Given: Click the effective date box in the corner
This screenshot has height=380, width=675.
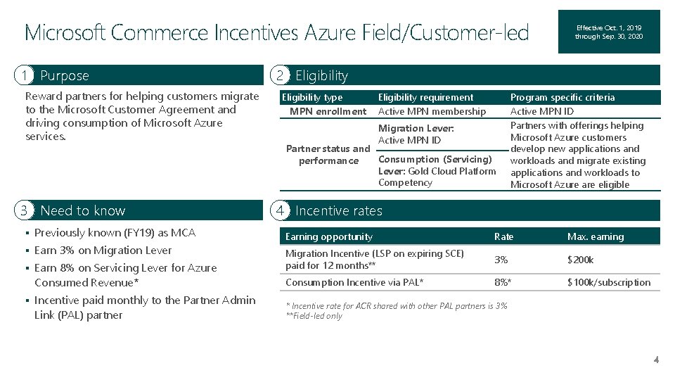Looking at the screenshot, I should [609, 32].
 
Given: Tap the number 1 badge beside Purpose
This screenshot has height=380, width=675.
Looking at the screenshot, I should [26, 75].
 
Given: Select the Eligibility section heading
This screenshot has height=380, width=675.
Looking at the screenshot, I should [321, 75].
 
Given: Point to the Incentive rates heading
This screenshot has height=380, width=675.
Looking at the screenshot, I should [339, 210].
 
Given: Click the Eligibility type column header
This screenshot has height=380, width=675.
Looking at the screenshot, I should [312, 97].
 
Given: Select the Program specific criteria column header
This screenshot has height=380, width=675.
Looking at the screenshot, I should [562, 97].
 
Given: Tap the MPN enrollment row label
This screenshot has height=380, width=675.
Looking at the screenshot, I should [328, 111].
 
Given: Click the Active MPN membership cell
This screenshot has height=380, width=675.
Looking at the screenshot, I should [432, 111].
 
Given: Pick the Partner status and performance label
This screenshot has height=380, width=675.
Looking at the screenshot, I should [328, 155].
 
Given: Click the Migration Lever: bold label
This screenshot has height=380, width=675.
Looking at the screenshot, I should [416, 128].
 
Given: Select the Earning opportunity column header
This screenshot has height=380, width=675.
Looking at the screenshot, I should [329, 236].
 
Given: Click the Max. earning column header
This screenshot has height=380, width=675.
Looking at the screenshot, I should [596, 236].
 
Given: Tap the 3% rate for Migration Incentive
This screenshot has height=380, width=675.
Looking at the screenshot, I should [501, 260].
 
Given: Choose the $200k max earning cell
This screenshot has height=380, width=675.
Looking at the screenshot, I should [581, 260].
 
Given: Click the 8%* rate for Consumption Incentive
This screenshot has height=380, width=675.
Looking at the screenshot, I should [503, 282].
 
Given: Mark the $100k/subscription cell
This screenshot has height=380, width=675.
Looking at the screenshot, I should [609, 282].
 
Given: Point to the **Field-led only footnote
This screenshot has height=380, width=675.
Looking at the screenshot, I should [314, 316].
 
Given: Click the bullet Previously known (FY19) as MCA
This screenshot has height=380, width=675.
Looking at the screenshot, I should [115, 232].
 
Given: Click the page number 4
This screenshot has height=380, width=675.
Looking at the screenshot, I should [655, 360].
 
